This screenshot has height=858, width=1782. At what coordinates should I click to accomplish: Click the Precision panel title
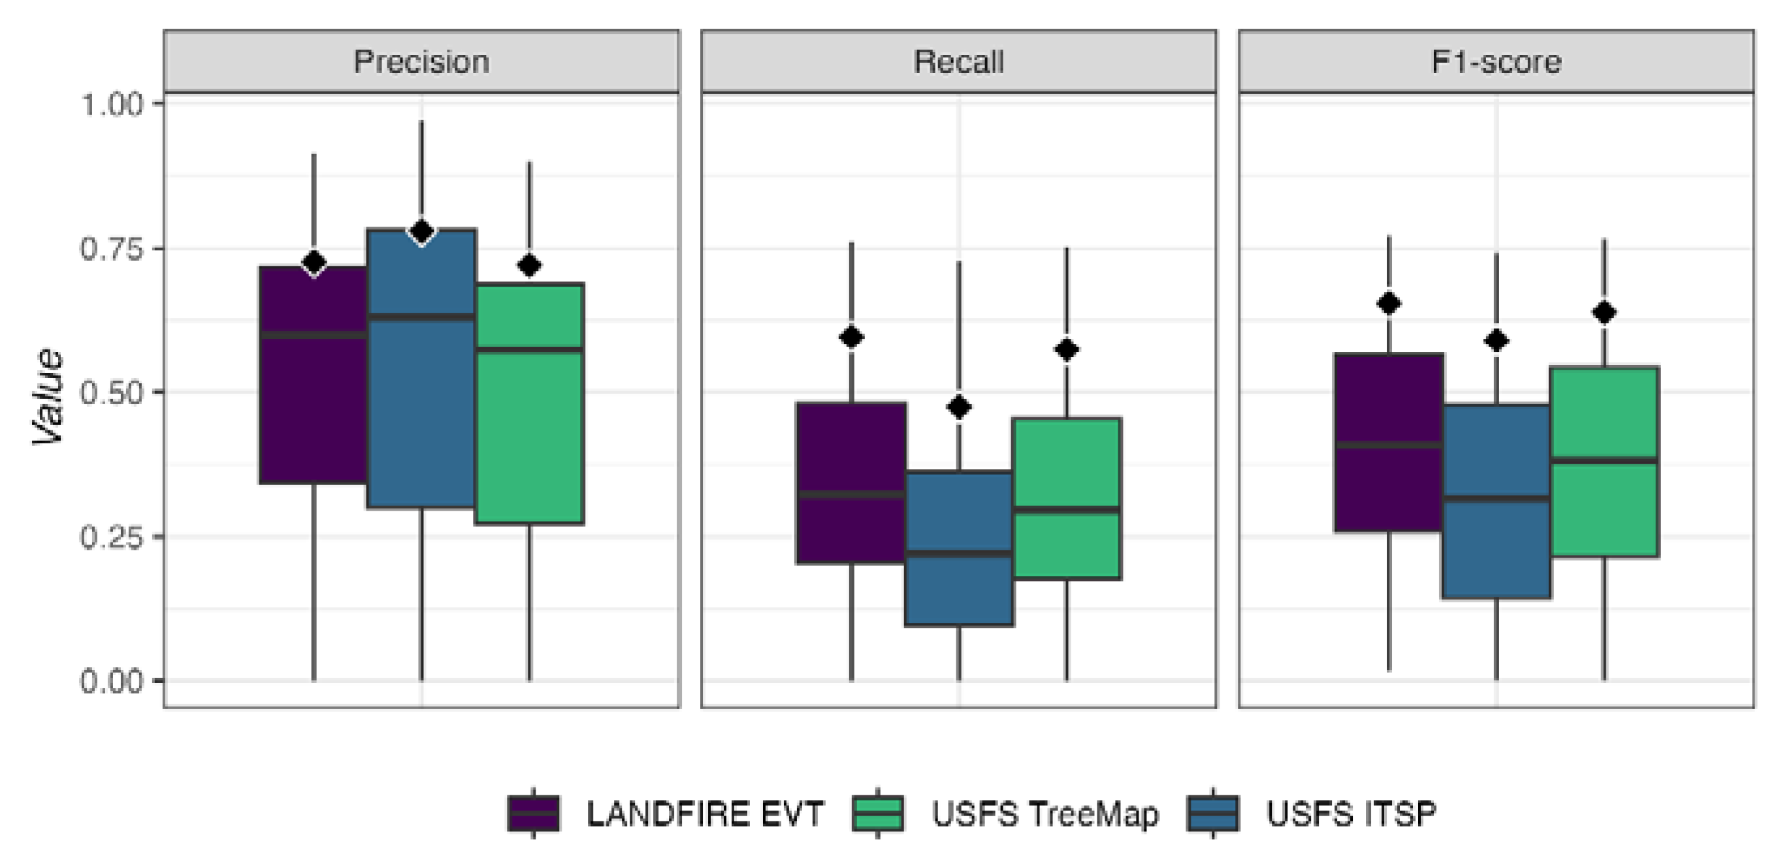point(421,61)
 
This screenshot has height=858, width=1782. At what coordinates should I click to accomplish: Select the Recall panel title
point(958,61)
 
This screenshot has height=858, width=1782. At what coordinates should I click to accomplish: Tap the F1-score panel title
point(1496,61)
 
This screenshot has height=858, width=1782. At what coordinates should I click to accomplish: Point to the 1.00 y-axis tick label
point(111,104)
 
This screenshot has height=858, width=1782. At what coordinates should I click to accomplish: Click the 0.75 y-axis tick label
point(111,249)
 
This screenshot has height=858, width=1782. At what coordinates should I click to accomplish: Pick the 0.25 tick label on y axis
point(111,537)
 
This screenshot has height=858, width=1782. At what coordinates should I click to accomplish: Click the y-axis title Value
point(48,398)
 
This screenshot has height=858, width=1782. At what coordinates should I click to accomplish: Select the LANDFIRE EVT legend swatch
point(532,813)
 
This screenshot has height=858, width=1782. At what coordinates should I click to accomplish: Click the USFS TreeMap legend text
point(1045,814)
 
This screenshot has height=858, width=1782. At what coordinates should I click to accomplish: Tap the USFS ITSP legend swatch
point(1212,813)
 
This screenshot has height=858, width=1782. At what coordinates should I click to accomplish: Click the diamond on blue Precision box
point(421,232)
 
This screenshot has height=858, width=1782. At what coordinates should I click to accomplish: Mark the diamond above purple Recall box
point(851,338)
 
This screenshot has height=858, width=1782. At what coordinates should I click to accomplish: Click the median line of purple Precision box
point(314,334)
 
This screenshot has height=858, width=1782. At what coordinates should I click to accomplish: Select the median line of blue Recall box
point(959,554)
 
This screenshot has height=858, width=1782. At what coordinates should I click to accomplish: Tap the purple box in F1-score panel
point(1388,401)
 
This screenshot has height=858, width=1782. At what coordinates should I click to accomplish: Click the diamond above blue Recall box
point(959,407)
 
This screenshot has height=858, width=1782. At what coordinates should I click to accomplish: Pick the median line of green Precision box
point(529,350)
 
